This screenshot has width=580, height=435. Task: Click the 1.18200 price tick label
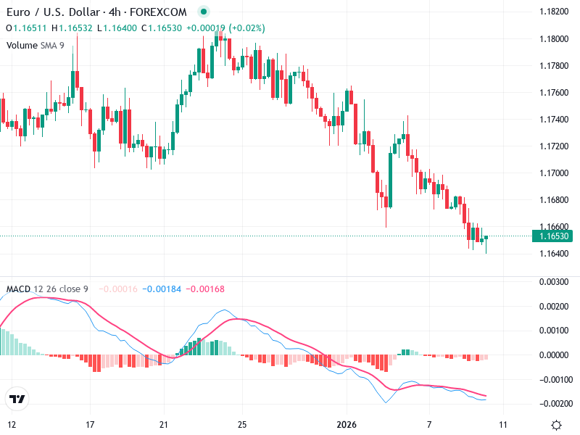[555, 12]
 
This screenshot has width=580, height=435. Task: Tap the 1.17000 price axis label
[555, 173]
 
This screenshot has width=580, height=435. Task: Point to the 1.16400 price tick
[555, 254]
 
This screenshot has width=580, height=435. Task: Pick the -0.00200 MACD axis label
[555, 403]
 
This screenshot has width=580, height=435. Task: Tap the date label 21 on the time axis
[164, 424]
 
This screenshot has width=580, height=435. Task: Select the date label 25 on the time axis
[243, 424]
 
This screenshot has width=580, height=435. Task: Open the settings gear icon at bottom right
[556, 425]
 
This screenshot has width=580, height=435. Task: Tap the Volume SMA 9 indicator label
[35, 45]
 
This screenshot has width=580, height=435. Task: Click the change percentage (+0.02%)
[247, 28]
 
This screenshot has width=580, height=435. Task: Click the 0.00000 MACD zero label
[555, 355]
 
